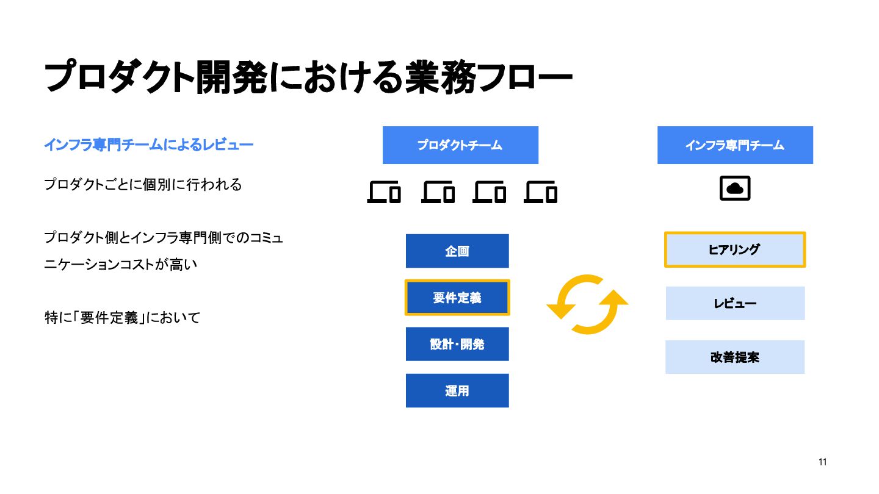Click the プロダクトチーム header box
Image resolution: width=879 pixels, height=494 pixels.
click(x=460, y=145)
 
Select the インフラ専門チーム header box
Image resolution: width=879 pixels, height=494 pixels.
click(x=735, y=145)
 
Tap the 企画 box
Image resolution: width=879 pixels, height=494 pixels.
click(x=457, y=251)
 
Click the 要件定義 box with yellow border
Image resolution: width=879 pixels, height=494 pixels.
click(x=457, y=298)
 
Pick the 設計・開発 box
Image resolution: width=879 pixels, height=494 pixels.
click(x=457, y=344)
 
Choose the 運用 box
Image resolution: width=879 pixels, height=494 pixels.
click(x=457, y=390)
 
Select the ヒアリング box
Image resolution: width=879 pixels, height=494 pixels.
click(x=735, y=249)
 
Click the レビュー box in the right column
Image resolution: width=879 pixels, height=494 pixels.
click(x=735, y=303)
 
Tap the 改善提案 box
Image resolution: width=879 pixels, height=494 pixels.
click(x=735, y=357)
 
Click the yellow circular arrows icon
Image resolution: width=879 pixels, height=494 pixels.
click(x=587, y=304)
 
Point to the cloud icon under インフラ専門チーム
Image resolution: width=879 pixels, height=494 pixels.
click(x=735, y=189)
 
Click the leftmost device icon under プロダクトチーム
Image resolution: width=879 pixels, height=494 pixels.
click(x=384, y=192)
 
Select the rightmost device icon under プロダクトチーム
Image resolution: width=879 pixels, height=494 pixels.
click(x=541, y=192)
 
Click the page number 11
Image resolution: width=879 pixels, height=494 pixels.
click(x=822, y=462)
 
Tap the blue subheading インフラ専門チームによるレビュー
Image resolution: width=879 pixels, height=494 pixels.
click(x=148, y=145)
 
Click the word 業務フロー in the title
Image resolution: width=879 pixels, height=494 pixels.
click(x=488, y=78)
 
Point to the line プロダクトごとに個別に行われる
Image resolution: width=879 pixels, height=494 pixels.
click(x=143, y=184)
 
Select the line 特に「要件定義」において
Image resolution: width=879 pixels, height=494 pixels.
click(x=122, y=318)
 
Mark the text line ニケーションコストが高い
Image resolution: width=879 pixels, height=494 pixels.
click(x=122, y=265)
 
